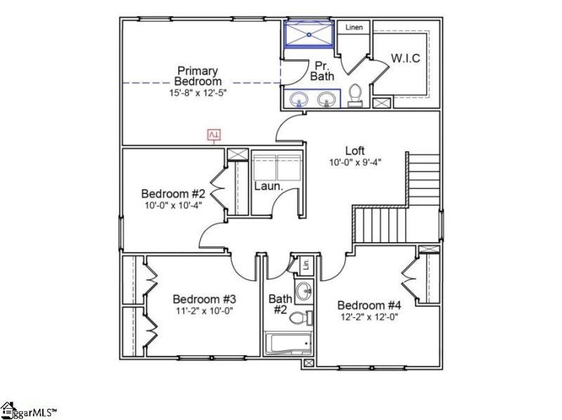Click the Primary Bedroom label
197,76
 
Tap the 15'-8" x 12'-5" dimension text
197,92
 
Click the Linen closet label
353,27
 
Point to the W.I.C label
405,58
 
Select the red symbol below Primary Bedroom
215,134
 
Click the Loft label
355,151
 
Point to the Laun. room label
268,187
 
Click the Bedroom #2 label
173,193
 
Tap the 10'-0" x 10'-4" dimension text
173,205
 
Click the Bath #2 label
280,305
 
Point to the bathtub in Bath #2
288,343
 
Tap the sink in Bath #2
304,290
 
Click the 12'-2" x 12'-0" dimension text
369,317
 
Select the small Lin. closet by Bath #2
306,265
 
